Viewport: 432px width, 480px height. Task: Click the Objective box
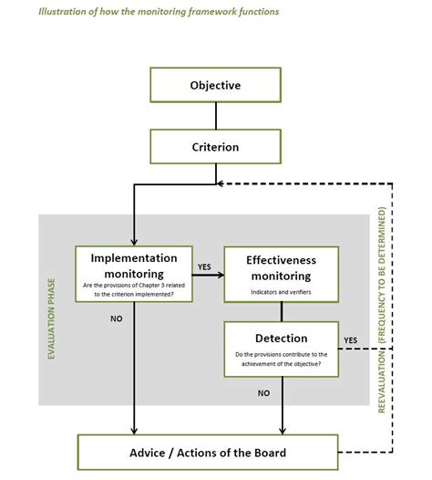click(215, 85)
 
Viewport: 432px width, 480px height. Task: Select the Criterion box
click(215, 146)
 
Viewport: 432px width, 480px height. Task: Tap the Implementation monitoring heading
click(134, 265)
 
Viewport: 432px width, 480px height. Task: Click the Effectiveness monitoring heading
click(282, 266)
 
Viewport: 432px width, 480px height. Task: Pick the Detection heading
click(282, 338)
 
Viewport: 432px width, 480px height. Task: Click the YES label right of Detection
click(350, 340)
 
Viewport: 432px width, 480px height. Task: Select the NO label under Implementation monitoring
click(116, 320)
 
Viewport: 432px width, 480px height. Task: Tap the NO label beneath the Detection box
click(264, 392)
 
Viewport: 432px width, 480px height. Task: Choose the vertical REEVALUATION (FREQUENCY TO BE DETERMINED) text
click(382, 310)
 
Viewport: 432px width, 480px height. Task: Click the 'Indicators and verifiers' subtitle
click(282, 292)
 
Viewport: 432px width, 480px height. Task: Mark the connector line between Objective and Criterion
click(215, 116)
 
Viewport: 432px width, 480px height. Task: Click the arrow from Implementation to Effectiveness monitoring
click(207, 275)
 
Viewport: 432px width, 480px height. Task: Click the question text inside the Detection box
click(282, 360)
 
